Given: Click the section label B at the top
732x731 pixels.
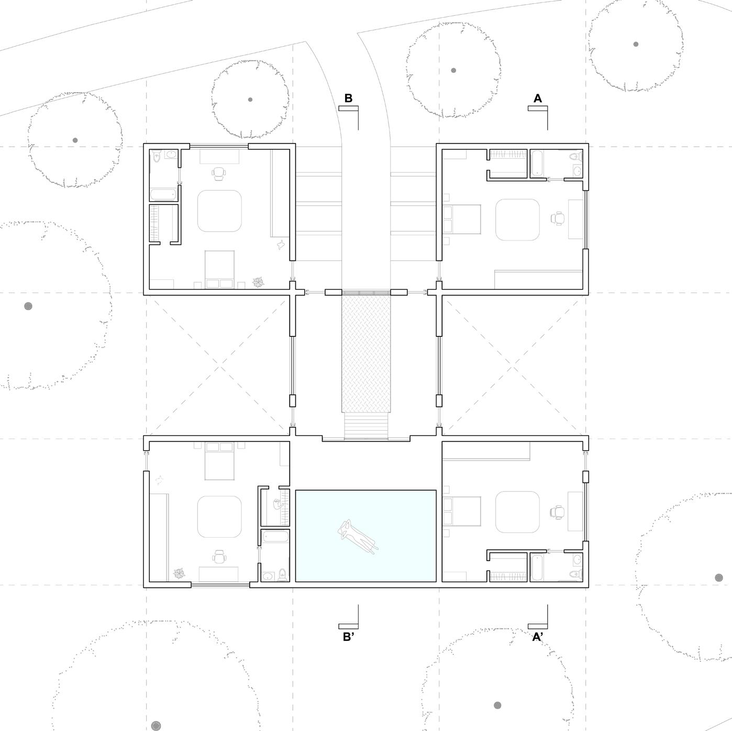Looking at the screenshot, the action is click(x=348, y=98).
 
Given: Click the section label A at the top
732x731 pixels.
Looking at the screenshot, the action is click(x=537, y=98).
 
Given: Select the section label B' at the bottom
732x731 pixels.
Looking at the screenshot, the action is click(x=349, y=637).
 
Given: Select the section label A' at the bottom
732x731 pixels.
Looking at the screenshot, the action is click(x=538, y=637).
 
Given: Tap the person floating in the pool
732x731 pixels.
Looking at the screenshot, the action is click(x=358, y=536).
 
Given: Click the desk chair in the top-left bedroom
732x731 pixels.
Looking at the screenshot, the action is click(x=219, y=172).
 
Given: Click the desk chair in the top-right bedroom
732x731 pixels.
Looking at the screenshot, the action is click(x=558, y=219).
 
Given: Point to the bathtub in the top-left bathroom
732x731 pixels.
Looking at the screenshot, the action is click(x=163, y=195).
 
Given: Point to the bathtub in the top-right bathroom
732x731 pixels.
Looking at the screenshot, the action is click(x=537, y=163).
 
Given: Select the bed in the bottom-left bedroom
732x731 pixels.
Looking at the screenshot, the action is click(x=219, y=461).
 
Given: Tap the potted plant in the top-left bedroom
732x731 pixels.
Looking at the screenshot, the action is click(x=259, y=283).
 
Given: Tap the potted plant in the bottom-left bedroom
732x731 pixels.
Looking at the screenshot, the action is click(x=180, y=574).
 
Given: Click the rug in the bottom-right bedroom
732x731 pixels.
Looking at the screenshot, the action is click(x=517, y=512).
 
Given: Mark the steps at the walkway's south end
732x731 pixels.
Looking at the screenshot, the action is click(x=367, y=426).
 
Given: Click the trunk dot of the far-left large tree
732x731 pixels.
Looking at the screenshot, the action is click(x=28, y=306).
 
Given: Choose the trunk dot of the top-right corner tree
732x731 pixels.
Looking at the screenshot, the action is click(x=636, y=45).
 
